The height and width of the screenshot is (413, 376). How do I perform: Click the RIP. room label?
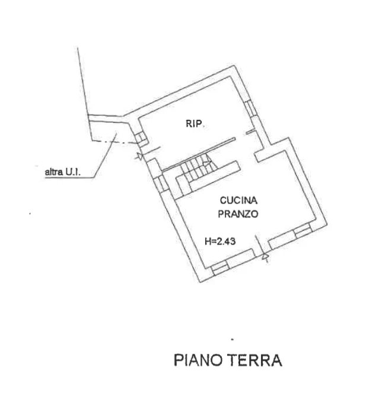tap(195, 123)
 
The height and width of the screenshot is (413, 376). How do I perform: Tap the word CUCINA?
tap(238, 201)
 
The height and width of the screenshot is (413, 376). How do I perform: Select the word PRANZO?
tap(238, 214)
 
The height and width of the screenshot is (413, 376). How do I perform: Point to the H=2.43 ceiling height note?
tap(220, 241)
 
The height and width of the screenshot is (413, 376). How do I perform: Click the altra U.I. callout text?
tap(63, 173)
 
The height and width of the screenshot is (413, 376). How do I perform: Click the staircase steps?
tap(198, 168)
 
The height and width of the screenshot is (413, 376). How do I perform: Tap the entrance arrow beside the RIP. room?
tap(139, 157)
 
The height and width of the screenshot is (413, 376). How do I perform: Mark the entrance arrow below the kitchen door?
tap(265, 257)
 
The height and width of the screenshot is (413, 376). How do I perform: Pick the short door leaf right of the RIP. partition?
tap(250, 131)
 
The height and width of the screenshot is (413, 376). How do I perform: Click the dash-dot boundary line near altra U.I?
tap(115, 142)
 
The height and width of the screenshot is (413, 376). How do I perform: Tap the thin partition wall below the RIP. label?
tap(199, 154)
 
